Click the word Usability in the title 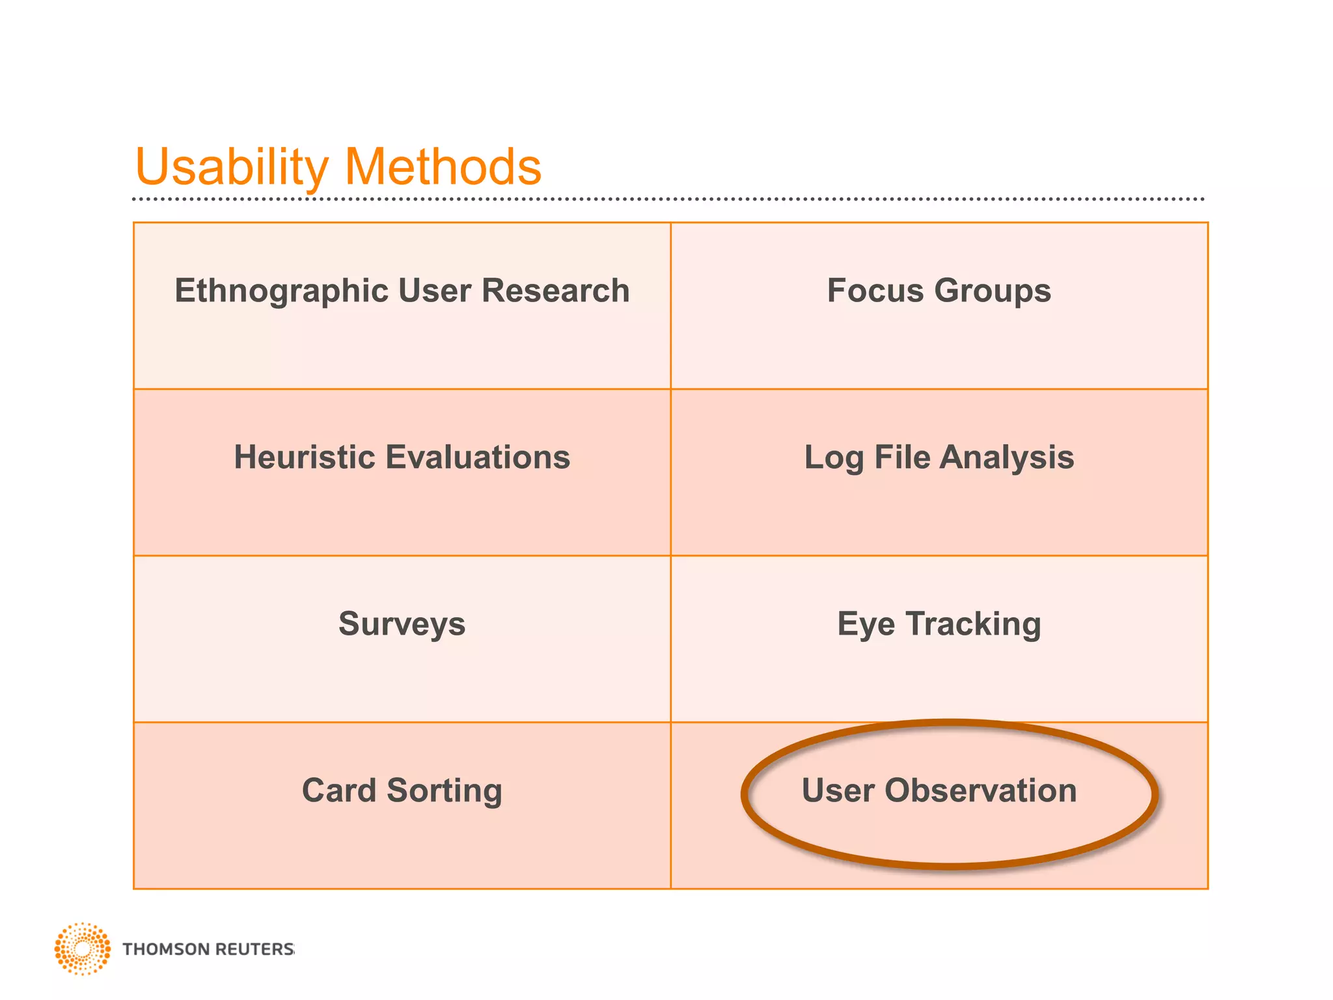pyautogui.click(x=232, y=167)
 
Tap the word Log pyautogui.click(x=834, y=458)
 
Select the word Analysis pyautogui.click(x=1007, y=458)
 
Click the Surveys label pyautogui.click(x=402, y=624)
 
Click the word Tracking pyautogui.click(x=973, y=624)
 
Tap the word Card pyautogui.click(x=338, y=790)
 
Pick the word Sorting pyautogui.click(x=445, y=790)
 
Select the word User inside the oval pyautogui.click(x=838, y=790)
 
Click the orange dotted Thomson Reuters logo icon pyautogui.click(x=82, y=949)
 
